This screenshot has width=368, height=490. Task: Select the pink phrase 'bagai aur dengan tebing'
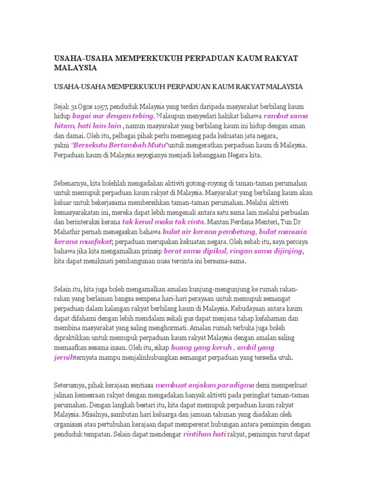pyautogui.click(x=113, y=116)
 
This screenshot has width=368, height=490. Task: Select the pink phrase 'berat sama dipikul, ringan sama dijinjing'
pyautogui.click(x=234, y=251)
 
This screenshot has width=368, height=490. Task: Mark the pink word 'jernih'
pyautogui.click(x=64, y=357)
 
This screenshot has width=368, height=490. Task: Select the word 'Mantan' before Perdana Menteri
pyautogui.click(x=218, y=223)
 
